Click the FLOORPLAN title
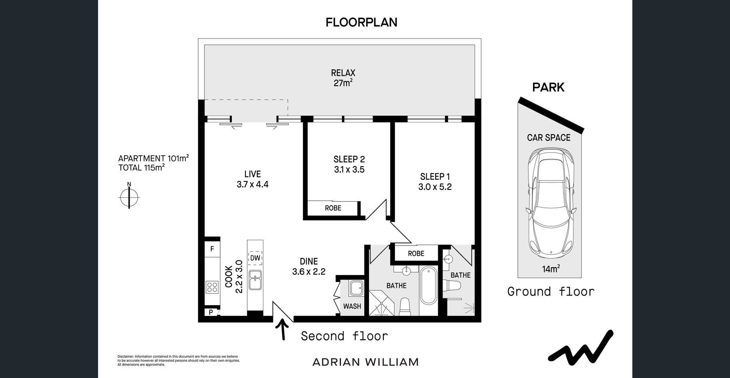click(361, 22)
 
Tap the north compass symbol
click(129, 196)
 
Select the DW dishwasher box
click(255, 258)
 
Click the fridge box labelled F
click(212, 249)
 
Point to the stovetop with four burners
click(212, 287)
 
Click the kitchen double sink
click(255, 279)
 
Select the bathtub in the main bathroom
click(428, 286)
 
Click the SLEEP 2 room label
click(349, 159)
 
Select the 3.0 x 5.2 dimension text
click(435, 187)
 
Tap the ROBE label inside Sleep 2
click(333, 208)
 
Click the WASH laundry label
click(352, 306)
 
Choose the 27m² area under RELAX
click(343, 83)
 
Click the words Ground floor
click(551, 292)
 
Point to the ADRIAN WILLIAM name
click(365, 362)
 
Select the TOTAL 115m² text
click(141, 168)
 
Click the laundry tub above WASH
click(356, 288)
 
